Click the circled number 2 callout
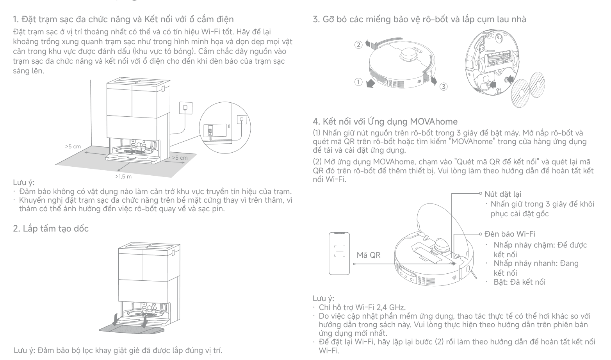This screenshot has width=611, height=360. (358, 45)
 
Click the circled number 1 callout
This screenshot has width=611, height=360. (358, 82)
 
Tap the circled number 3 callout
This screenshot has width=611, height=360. (444, 87)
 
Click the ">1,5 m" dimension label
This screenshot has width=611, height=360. (123, 177)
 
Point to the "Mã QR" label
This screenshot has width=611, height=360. (368, 255)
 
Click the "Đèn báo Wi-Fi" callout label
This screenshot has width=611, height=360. (510, 234)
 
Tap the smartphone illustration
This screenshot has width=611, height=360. (339, 253)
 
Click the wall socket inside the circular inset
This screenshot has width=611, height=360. (242, 119)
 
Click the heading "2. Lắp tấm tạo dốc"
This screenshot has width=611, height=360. (51, 228)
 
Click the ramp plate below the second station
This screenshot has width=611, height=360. (132, 329)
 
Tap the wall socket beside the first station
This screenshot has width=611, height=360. (185, 108)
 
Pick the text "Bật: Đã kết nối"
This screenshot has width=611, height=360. (519, 282)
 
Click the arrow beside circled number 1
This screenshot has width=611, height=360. (370, 84)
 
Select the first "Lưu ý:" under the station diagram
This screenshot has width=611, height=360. (24, 182)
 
